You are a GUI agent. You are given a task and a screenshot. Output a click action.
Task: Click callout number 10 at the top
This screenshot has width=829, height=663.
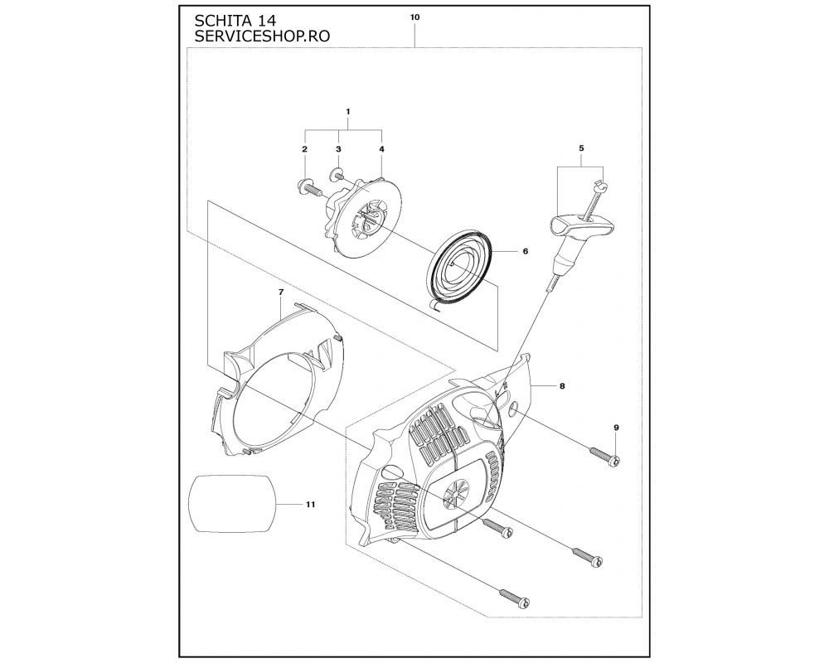(x=415, y=17)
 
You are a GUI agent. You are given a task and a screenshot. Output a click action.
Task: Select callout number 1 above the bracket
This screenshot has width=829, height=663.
(x=348, y=112)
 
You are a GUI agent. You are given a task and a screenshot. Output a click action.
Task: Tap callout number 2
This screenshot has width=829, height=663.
(x=304, y=149)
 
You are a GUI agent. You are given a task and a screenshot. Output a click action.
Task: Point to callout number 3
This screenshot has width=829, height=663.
(x=338, y=149)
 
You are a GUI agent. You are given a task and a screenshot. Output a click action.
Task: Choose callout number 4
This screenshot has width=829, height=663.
(x=381, y=149)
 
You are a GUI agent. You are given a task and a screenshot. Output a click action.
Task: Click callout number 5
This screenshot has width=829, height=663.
(x=582, y=148)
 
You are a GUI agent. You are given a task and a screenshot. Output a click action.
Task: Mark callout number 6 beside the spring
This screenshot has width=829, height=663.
(x=526, y=251)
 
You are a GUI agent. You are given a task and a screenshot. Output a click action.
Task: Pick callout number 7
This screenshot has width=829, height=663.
(x=281, y=292)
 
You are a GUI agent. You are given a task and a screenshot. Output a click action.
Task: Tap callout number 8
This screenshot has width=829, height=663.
(x=562, y=386)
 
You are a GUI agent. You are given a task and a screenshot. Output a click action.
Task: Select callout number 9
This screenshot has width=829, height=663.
(x=616, y=427)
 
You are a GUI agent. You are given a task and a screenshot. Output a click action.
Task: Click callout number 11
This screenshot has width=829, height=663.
(x=310, y=505)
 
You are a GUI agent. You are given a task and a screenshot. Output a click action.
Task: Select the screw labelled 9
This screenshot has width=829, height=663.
(x=604, y=457)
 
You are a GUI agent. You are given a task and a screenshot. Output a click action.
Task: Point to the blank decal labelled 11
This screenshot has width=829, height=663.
(x=233, y=503)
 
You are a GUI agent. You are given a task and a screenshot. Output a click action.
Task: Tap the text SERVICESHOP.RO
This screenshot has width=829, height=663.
(x=262, y=36)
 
